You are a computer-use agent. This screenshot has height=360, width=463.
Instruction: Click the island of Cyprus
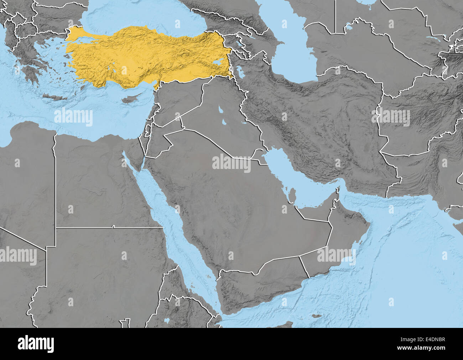(x=128, y=99)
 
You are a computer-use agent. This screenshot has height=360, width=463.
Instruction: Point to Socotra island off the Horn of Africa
(x=315, y=316)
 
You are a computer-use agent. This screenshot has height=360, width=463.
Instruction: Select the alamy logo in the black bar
(x=36, y=344)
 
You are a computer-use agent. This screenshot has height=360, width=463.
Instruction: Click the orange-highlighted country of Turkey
(x=142, y=57)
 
